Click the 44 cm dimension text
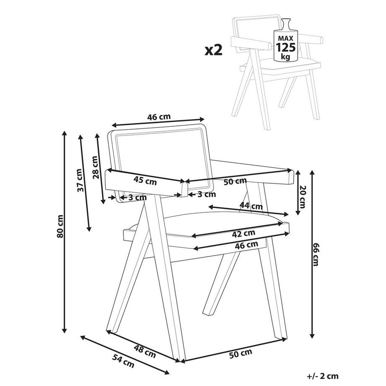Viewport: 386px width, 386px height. coord(251,206)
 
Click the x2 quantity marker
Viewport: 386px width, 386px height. coord(213,50)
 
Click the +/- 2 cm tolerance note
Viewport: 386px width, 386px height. coord(323,376)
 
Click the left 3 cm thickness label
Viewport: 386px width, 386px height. coord(137,197)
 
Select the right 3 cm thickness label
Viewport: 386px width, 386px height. coord(206,194)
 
